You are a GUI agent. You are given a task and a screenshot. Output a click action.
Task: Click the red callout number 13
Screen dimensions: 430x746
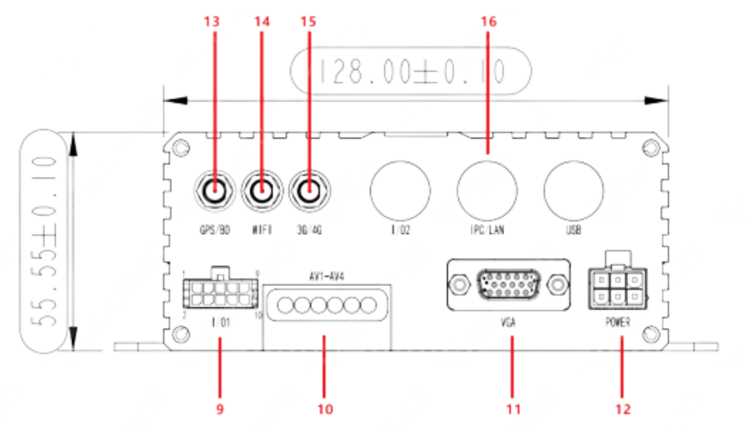coord(212,22)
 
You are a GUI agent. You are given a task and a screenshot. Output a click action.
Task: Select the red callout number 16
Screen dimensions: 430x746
coord(489,22)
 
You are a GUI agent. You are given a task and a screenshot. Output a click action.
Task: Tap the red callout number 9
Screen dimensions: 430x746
coord(220,409)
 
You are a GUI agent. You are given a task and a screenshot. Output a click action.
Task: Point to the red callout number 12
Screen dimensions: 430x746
coord(623,409)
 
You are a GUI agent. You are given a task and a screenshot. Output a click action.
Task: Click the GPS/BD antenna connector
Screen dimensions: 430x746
coord(215,191)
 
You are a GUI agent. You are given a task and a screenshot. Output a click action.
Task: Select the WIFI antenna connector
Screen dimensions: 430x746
coord(262,191)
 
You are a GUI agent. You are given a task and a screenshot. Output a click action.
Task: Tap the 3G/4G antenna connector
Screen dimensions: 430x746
coord(309,191)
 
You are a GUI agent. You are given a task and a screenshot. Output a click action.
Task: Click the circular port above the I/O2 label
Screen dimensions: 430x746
coord(400,190)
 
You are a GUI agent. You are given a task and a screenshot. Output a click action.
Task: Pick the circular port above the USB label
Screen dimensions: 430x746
coord(573,190)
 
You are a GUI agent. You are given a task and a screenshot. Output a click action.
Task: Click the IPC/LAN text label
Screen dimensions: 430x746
coord(487,230)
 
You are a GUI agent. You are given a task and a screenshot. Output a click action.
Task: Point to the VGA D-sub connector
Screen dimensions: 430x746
coord(509,285)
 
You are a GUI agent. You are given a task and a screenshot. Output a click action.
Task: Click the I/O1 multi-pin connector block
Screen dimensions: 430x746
coord(220,293)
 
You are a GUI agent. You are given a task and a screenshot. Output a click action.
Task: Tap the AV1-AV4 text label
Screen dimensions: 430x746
coord(326,277)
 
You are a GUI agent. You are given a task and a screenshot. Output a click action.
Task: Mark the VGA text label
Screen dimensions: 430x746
coord(508,322)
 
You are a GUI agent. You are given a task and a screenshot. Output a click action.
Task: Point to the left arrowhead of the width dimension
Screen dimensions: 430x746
coord(176,101)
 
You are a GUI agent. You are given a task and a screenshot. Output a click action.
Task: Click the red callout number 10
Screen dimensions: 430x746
coord(325,409)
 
